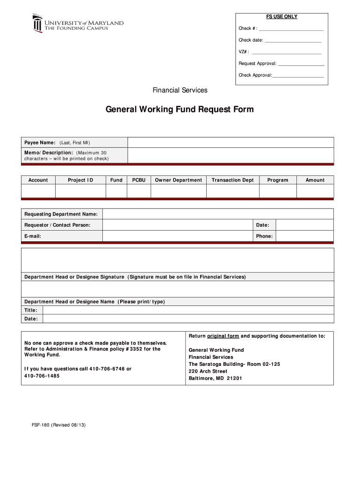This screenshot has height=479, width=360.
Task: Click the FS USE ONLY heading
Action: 281,16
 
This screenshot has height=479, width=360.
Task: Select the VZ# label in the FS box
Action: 244,51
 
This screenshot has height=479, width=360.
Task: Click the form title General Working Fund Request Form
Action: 180,109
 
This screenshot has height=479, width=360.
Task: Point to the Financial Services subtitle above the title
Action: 180,90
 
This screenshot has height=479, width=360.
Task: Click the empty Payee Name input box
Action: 230,143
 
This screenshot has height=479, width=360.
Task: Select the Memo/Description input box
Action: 230,155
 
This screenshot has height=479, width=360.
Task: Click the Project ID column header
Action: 80,180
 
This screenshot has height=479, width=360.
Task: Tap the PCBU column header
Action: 139,180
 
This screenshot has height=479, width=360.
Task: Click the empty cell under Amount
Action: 315,191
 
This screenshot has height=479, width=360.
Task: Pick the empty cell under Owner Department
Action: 178,191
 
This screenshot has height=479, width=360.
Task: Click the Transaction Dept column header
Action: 232,180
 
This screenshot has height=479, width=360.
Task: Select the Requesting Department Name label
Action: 61,214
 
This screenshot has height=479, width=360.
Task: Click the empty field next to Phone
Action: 304,236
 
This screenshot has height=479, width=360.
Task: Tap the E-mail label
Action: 33,236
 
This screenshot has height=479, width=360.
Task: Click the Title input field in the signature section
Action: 188,310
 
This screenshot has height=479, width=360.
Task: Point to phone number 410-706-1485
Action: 42,376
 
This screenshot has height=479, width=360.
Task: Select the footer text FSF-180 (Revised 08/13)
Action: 55,425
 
